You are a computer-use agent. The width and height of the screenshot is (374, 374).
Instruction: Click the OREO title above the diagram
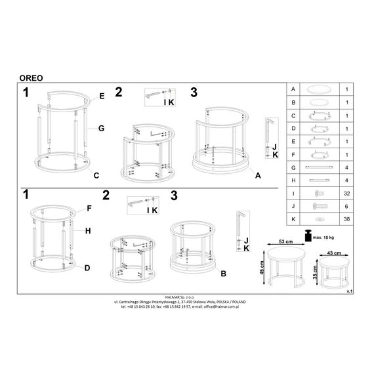(31, 78)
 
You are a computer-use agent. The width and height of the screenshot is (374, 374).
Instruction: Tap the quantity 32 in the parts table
(347, 194)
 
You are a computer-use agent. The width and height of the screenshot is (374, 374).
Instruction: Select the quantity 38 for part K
(347, 219)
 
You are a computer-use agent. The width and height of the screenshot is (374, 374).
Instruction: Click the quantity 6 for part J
(346, 206)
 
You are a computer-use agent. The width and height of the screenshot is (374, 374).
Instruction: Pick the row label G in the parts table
(293, 168)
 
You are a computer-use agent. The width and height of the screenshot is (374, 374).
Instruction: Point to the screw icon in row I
(320, 193)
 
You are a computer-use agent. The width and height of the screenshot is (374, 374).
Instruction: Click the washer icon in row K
(318, 219)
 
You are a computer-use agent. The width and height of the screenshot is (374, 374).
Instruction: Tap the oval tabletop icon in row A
(319, 90)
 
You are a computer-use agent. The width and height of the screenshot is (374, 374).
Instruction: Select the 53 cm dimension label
(285, 241)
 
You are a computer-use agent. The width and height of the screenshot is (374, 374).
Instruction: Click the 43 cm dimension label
(334, 253)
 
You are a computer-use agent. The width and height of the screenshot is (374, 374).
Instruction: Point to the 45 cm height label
(262, 268)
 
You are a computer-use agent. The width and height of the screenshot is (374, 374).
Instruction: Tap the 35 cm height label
(315, 272)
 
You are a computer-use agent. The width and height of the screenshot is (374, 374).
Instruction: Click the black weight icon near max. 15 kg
(308, 236)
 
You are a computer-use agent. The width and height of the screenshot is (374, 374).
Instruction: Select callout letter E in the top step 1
(102, 96)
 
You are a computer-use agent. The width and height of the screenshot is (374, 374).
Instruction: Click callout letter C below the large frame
(96, 176)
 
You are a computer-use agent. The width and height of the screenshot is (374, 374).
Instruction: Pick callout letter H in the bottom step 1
(88, 231)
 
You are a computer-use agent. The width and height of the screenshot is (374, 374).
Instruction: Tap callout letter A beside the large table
(258, 176)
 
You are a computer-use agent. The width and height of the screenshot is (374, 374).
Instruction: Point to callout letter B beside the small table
(224, 274)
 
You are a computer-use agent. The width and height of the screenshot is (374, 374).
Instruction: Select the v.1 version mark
(350, 291)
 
